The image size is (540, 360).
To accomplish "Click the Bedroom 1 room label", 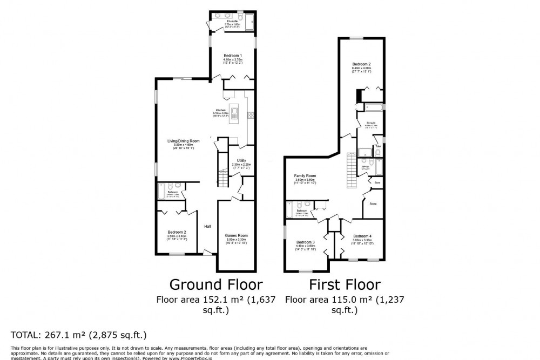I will [x=232, y=56].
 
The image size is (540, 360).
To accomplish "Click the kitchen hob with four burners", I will [x=250, y=115].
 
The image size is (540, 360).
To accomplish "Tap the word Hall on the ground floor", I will [x=207, y=226].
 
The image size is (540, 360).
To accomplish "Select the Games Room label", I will [x=236, y=235].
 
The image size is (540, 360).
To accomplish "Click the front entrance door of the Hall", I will [x=207, y=252].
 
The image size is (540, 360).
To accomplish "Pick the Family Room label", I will [x=305, y=176].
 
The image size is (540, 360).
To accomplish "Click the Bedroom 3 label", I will [x=306, y=242].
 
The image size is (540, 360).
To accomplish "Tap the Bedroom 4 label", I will [x=362, y=236].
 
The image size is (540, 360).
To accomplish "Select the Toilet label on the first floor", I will [x=378, y=146].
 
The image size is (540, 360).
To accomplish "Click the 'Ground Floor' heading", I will [x=216, y=284].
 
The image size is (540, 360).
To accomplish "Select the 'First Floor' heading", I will [x=345, y=284].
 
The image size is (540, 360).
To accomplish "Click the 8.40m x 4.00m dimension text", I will [x=361, y=68].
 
